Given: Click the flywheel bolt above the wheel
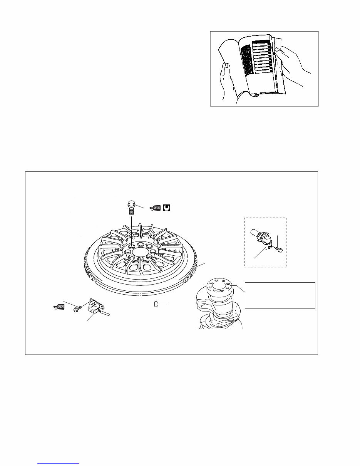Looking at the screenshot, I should pos(131,208).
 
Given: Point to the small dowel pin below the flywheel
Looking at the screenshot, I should pos(156,304).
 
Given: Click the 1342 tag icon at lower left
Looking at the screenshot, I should pos(58,307).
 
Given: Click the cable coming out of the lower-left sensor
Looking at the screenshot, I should pos(107,313).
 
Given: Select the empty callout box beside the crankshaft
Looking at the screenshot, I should pos(280,295).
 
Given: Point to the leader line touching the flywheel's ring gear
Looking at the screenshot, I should pos(201,265).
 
